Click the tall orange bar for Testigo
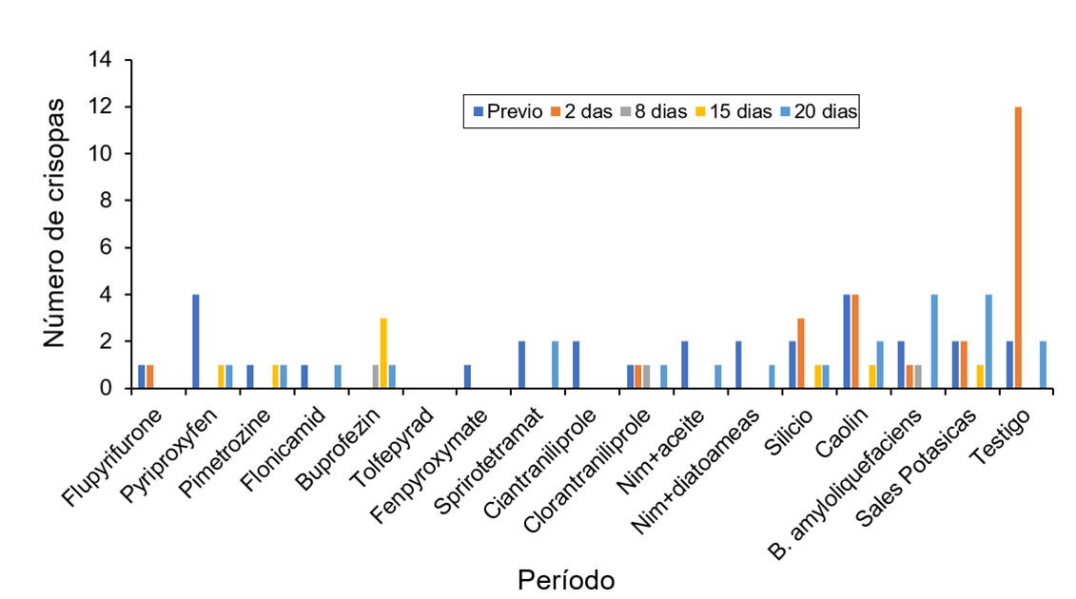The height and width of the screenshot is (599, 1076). (1018, 247)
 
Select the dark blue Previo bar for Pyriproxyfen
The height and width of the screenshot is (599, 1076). (196, 341)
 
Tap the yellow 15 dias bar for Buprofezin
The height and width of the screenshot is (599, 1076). (383, 353)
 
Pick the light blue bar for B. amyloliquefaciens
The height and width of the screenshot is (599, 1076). (934, 341)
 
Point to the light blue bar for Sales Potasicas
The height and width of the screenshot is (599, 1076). (989, 341)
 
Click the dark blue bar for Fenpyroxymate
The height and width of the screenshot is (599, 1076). (467, 377)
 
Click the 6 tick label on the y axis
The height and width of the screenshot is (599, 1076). (105, 247)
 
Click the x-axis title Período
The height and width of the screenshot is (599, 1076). (565, 579)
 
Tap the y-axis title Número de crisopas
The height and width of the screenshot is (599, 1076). (55, 223)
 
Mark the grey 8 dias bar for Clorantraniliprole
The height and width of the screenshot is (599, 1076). (647, 377)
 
